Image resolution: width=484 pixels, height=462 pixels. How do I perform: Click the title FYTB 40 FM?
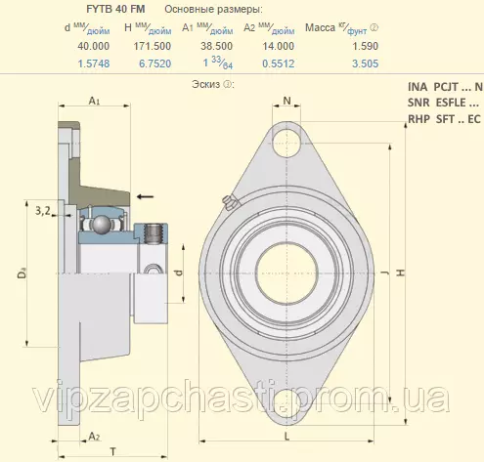[x=115, y=9]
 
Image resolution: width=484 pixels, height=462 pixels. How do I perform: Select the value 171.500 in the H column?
[x=153, y=46]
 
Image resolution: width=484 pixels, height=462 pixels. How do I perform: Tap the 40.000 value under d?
[x=93, y=46]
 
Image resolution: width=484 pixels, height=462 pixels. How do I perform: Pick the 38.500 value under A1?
[x=216, y=46]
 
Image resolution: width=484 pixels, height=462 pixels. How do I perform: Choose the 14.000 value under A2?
[x=279, y=46]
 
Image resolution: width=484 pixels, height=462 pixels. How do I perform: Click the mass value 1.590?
[x=365, y=46]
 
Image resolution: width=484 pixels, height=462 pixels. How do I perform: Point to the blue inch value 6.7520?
[x=155, y=63]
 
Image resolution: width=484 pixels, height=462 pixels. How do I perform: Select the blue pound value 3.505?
[x=365, y=63]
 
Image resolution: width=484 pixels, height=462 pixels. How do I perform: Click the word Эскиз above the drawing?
[x=206, y=84]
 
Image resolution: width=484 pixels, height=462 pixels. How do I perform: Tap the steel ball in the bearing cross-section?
[x=102, y=225]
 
